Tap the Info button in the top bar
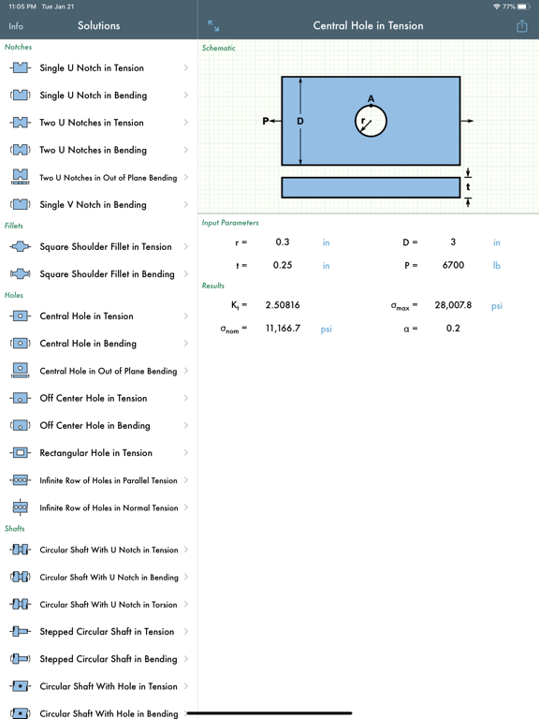16,26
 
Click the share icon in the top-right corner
521,26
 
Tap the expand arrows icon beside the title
213,26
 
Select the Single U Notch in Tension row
92,67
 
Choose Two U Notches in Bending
93,150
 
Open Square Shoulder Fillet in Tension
105,247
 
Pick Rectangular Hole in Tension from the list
95,453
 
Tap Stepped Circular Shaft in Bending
108,659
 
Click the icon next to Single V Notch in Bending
20,205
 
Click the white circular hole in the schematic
371,121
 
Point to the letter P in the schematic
266,121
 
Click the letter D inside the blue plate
300,121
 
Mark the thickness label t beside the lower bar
469,187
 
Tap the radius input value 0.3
283,242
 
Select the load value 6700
453,265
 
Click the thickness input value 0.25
283,265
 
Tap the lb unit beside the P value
497,265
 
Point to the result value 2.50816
283,305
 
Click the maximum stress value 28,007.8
453,305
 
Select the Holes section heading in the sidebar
14,295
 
